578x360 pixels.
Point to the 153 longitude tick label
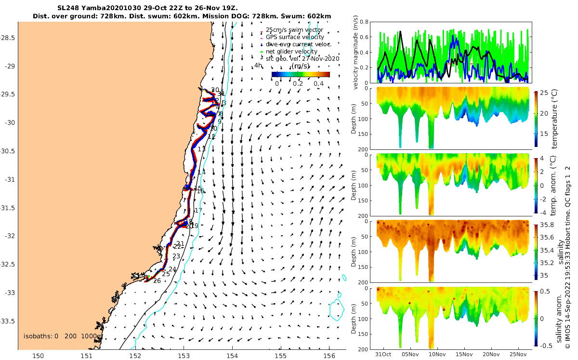click(x=184, y=356)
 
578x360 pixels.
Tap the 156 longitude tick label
click(x=329, y=356)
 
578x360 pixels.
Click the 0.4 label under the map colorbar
click(x=318, y=83)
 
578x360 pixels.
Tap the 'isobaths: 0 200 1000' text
click(x=62, y=336)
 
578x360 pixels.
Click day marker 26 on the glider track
click(x=157, y=280)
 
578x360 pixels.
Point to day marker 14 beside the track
click(x=201, y=172)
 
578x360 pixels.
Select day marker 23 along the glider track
click(x=176, y=256)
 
